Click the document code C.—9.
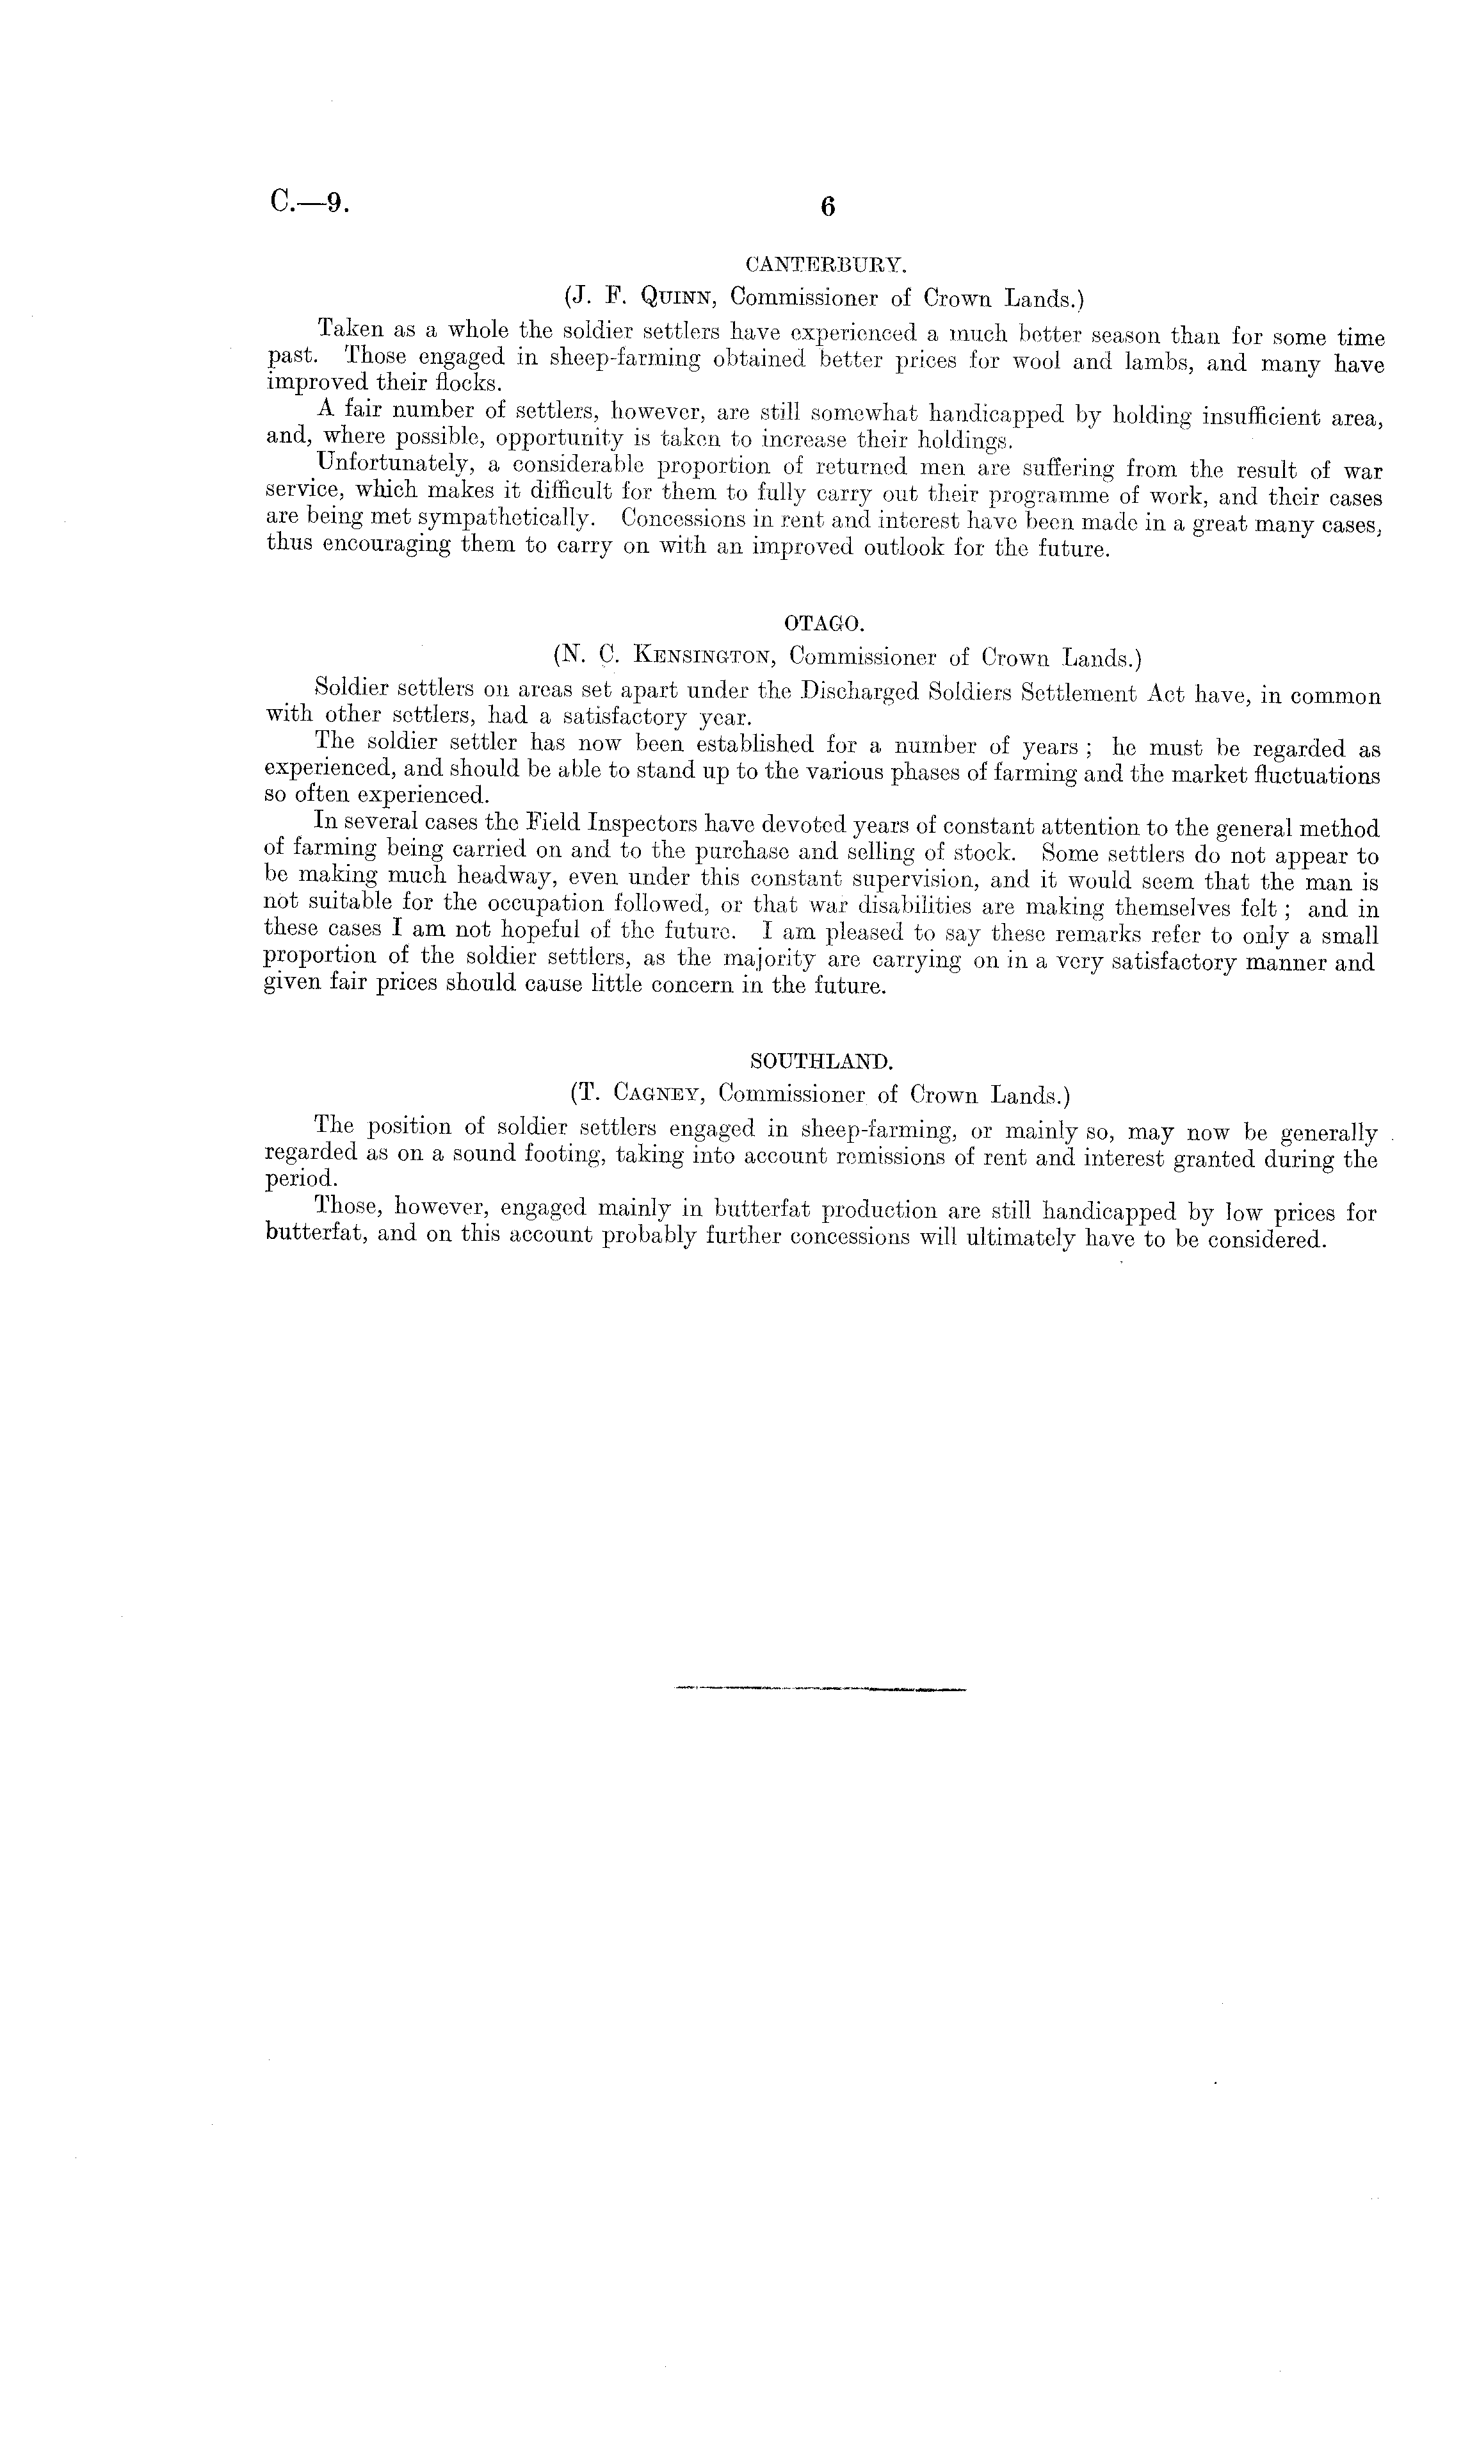(x=308, y=203)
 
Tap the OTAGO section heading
(x=823, y=624)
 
